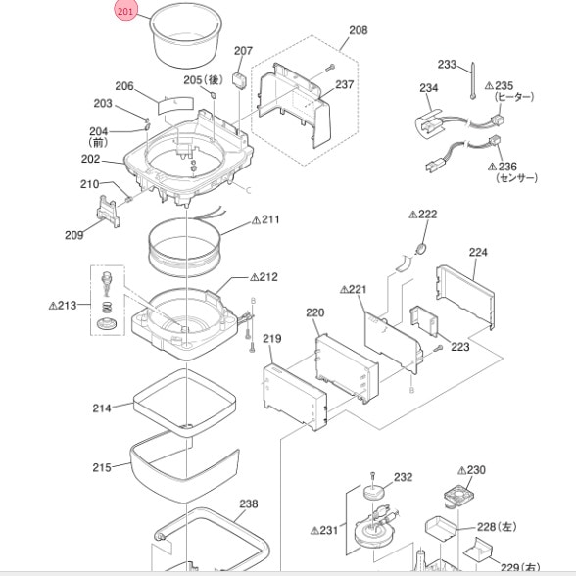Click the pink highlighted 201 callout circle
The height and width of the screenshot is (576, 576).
tap(125, 11)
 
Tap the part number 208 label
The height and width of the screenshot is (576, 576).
tap(359, 30)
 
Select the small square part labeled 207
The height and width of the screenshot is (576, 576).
tap(239, 79)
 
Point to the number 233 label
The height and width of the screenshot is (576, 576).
tap(447, 65)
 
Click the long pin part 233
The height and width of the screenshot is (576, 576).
tap(472, 80)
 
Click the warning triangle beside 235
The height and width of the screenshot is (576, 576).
tap(489, 86)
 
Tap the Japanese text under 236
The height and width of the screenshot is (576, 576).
tap(516, 178)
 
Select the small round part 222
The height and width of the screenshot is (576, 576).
tap(421, 249)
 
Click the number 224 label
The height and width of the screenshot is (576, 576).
tap(478, 252)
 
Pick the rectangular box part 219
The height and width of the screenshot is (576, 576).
tap(295, 397)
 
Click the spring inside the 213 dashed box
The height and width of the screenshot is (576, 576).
tap(106, 308)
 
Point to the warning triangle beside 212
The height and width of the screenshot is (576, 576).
tap(255, 277)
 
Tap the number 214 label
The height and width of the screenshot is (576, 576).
tap(102, 408)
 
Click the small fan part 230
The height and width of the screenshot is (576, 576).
tap(456, 497)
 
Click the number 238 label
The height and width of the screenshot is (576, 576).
tap(249, 504)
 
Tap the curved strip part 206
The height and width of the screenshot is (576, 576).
tap(175, 106)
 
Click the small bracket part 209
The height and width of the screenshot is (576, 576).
tap(108, 212)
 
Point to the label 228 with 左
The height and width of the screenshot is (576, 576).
tap(497, 527)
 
